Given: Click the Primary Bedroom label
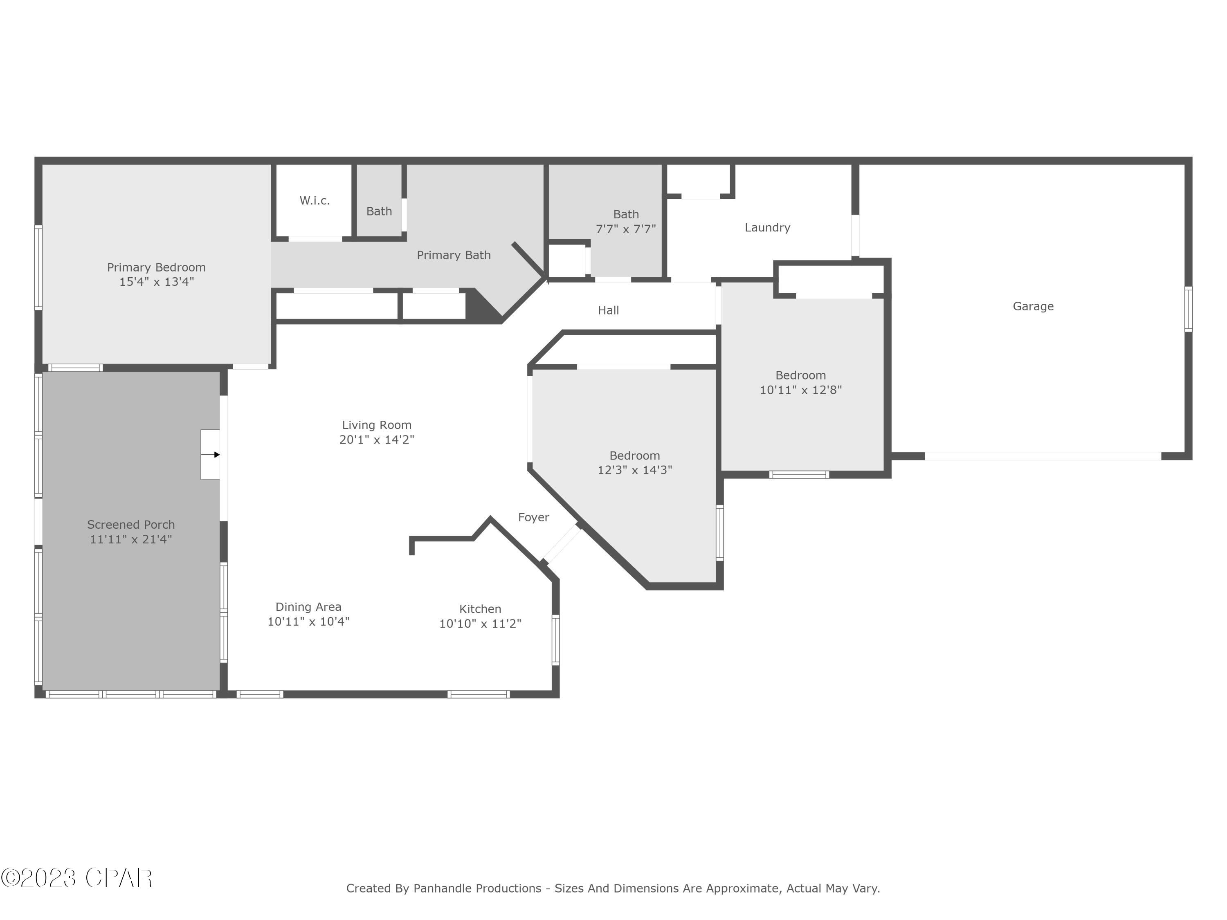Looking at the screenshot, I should (156, 267).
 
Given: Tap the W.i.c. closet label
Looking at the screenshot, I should (315, 201).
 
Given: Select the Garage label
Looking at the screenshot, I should (1033, 306).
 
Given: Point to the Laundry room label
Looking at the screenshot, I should (767, 227).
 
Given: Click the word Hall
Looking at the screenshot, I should (608, 310).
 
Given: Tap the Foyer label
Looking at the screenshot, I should (533, 517).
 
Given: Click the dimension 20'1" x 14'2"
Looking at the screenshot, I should (377, 440).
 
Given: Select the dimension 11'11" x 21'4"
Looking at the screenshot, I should (131, 539).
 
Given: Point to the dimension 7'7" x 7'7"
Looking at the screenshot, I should (626, 229).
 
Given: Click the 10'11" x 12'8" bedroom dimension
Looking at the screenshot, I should (800, 390).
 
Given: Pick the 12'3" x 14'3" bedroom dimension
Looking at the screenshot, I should (635, 470).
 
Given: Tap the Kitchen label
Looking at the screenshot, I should (480, 609).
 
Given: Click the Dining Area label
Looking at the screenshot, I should (308, 607).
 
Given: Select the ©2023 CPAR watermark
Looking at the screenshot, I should (76, 878).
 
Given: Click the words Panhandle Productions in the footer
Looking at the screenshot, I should (477, 889).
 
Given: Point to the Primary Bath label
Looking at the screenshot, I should (453, 255).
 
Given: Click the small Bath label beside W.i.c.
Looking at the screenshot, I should (379, 211).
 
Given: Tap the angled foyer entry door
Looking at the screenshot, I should (562, 543).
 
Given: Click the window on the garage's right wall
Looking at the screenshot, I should (1188, 309).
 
